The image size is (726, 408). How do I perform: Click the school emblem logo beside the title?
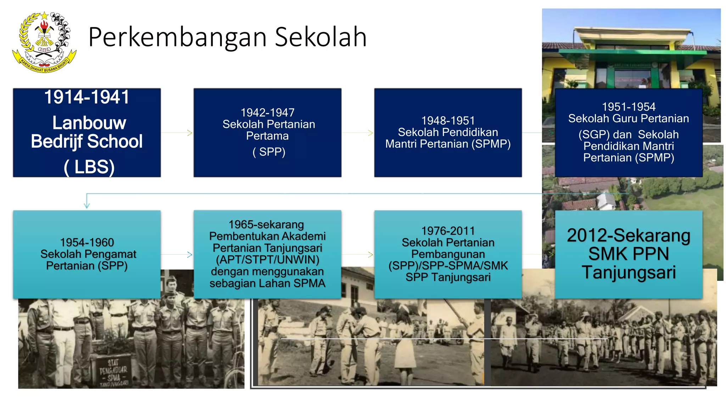44,42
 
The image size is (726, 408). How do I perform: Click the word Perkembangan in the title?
177,37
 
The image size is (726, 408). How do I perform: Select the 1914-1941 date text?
87,97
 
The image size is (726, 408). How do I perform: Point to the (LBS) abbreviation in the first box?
89,167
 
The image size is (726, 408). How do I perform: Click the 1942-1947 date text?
267,113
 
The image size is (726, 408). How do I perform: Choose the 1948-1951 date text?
448,121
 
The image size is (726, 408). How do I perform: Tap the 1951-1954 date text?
629,107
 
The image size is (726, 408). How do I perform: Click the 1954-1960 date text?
87,242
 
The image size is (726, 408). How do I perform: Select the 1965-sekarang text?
266,225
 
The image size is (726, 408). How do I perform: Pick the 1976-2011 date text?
448,231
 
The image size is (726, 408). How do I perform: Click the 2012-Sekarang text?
629,236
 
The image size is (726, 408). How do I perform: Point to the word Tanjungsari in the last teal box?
629,272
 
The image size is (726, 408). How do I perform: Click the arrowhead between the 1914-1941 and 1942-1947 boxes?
190,133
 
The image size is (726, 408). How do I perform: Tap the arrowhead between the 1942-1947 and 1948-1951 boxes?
370,133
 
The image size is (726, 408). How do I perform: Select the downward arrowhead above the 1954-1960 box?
87,205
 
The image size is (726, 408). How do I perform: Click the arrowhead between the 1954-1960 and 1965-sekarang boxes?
190,254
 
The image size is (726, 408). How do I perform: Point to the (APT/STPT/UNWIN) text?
267,260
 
